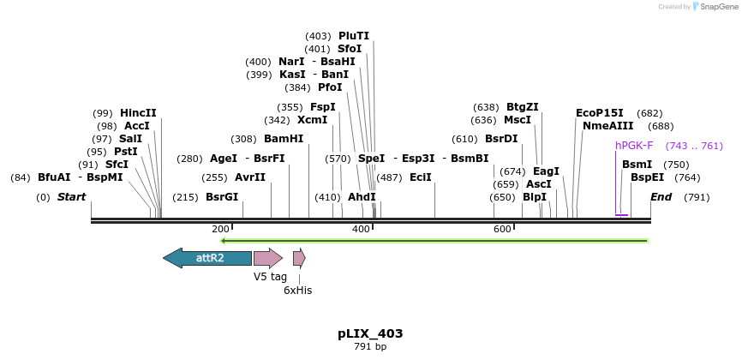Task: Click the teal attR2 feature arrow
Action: [x=207, y=257]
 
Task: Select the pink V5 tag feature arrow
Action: [x=267, y=257]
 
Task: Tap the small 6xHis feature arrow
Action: [x=299, y=257]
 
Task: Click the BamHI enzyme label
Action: [x=284, y=139]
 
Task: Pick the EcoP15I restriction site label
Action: [x=600, y=113]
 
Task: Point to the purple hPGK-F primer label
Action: [x=634, y=146]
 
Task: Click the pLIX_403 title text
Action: [x=370, y=333]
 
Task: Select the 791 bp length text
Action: [x=370, y=347]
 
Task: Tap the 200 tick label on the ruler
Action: [x=220, y=229]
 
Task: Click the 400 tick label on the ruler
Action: [x=361, y=229]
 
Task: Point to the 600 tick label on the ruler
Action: [x=502, y=229]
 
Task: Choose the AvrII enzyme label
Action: [x=250, y=177]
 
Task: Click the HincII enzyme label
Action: [x=138, y=113]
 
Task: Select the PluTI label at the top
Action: [x=354, y=36]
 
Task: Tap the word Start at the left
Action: [x=72, y=197]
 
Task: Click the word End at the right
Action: [x=661, y=197]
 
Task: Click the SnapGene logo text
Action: [x=718, y=7]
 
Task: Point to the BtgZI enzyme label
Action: [x=523, y=107]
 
